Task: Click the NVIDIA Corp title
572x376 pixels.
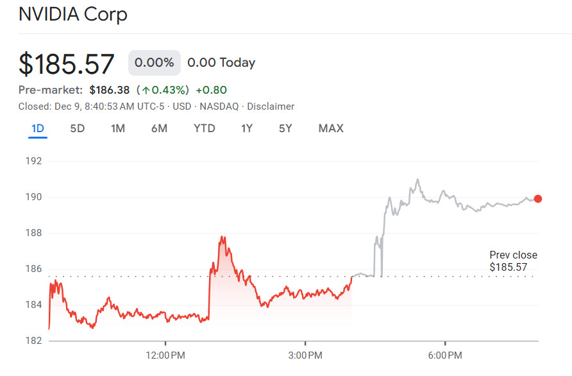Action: (72, 14)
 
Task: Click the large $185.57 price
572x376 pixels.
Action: (67, 64)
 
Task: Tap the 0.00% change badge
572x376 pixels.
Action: (154, 63)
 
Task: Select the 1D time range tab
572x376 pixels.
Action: (38, 128)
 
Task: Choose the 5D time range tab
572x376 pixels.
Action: (77, 128)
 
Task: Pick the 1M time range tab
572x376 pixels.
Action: (118, 128)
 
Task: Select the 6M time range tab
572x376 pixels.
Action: (159, 128)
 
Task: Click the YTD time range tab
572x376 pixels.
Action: (205, 128)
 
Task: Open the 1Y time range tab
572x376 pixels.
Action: (247, 128)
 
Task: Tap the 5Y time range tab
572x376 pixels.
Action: (285, 128)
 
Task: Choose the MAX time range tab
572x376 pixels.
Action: (331, 128)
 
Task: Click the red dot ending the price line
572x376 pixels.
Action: (537, 199)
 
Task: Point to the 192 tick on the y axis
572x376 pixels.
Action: (33, 161)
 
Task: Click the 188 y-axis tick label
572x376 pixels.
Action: (33, 233)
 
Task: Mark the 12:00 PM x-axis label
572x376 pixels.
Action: (165, 355)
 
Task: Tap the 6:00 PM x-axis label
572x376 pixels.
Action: (446, 355)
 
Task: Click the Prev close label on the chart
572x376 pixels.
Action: (513, 255)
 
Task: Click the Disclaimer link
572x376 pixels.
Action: (271, 107)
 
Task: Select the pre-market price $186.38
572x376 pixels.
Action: (109, 90)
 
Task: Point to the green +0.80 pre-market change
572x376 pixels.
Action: (211, 90)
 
